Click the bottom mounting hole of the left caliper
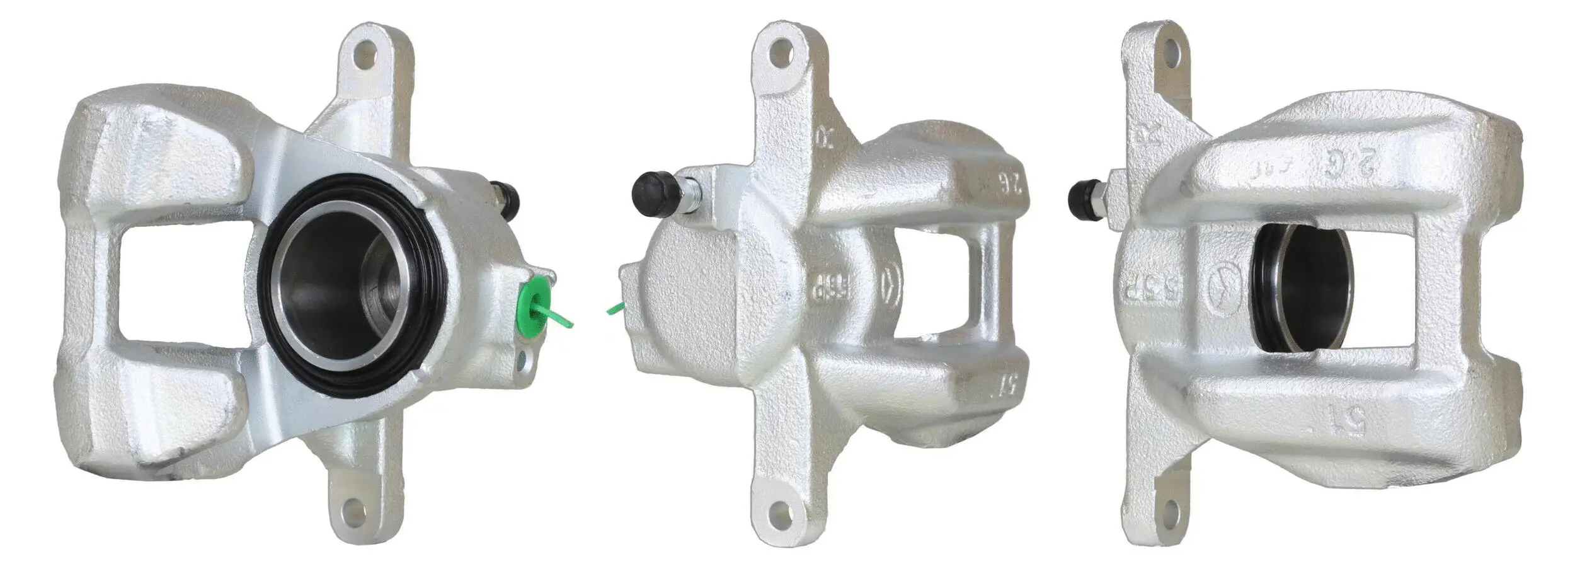pyautogui.click(x=354, y=509)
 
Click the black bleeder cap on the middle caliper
pyautogui.click(x=650, y=192)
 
